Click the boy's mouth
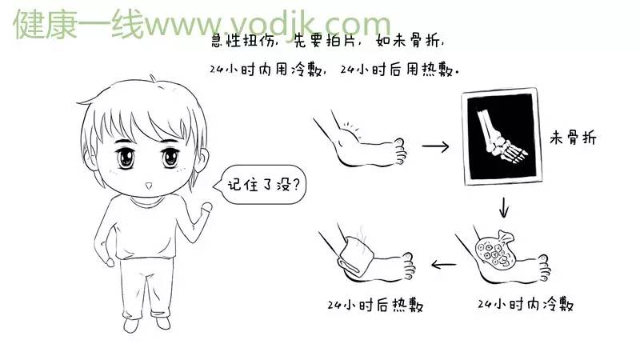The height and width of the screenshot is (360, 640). [149, 186]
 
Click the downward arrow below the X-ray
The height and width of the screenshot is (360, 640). [504, 207]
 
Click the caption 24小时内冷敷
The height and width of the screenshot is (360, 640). [525, 305]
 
